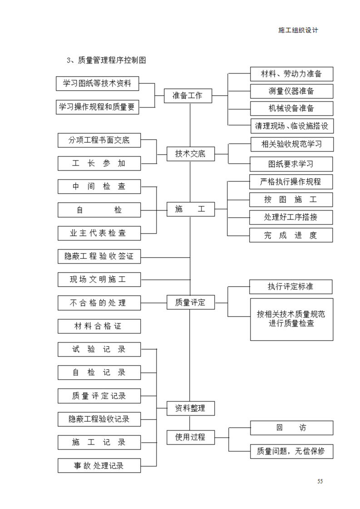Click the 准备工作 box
point(188,96)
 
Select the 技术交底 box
point(190,154)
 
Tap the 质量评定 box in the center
point(190,303)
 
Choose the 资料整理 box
point(190,408)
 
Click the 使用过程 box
point(190,437)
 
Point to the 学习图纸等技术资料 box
point(98,84)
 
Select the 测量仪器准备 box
point(291,91)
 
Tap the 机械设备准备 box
point(291,108)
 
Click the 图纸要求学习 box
point(291,164)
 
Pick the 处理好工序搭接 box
point(291,217)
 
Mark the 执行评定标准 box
point(291,287)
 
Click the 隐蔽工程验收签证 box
point(99,256)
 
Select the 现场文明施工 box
point(99,279)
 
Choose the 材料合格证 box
point(99,326)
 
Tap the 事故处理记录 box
point(99,465)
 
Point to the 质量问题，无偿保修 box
point(291,451)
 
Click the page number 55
point(320,481)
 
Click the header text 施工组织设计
point(298,30)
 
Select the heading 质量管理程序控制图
point(112,60)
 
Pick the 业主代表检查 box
point(99,233)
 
